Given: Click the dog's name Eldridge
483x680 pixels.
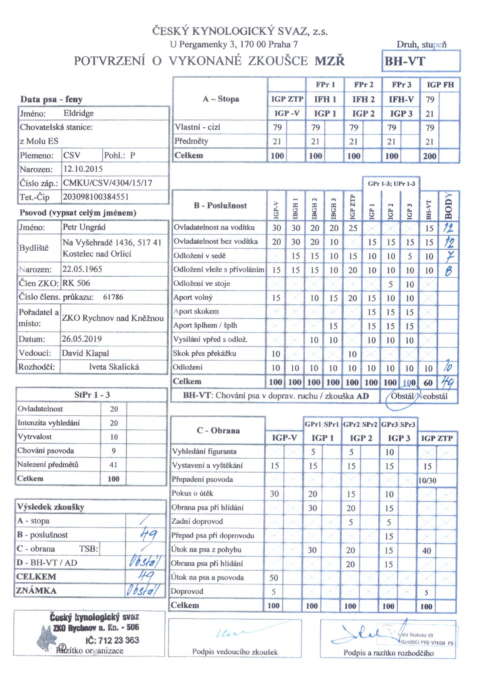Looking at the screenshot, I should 78,113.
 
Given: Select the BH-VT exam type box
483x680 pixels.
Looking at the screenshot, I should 420,62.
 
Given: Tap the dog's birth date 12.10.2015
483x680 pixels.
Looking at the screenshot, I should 83,169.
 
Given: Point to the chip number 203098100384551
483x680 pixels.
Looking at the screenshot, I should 96,197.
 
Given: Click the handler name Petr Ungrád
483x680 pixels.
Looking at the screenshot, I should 84,227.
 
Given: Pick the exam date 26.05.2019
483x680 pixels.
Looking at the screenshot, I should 82,339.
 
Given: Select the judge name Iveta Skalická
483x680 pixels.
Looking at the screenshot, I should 114,367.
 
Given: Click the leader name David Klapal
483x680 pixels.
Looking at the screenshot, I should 85,353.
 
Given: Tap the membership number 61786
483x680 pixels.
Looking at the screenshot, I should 113,297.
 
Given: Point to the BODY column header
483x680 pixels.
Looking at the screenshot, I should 449,206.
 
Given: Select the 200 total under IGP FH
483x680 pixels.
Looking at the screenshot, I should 429,156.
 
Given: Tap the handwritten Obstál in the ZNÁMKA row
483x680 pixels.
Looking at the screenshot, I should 143,590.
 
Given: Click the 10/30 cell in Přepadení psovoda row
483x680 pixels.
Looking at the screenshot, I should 427,480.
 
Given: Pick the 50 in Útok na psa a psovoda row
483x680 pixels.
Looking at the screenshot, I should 274,578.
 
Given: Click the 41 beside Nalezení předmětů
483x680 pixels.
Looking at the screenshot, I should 114,465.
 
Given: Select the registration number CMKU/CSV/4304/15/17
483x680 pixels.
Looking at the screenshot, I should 108,183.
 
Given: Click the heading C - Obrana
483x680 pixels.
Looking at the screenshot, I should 218,431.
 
